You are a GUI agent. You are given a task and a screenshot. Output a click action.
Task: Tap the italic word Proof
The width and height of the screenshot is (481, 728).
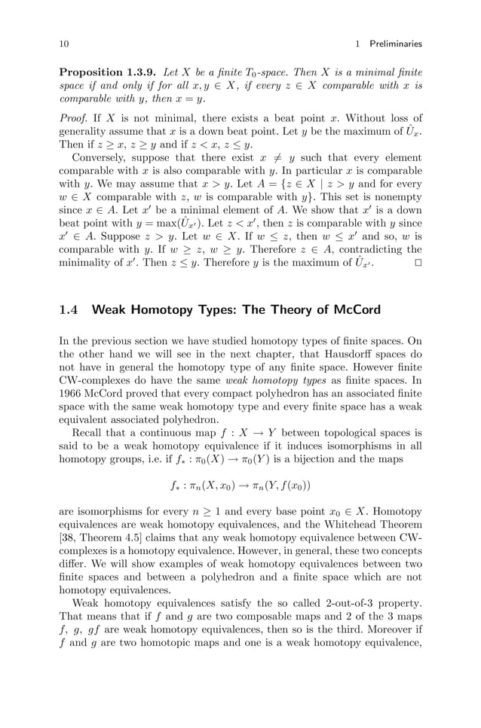(72, 117)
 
